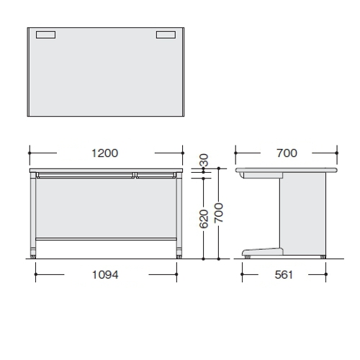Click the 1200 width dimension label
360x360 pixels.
tap(105, 153)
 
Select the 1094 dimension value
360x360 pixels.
tap(105, 275)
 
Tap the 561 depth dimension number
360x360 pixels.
tap(284, 275)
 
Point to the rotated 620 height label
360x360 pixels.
tap(204, 219)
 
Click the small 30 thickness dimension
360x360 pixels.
tap(204, 160)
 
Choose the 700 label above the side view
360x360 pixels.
tap(287, 153)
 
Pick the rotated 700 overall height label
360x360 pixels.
tap(219, 212)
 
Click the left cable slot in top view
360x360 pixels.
tap(45, 35)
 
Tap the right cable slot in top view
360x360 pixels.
tap(166, 35)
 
